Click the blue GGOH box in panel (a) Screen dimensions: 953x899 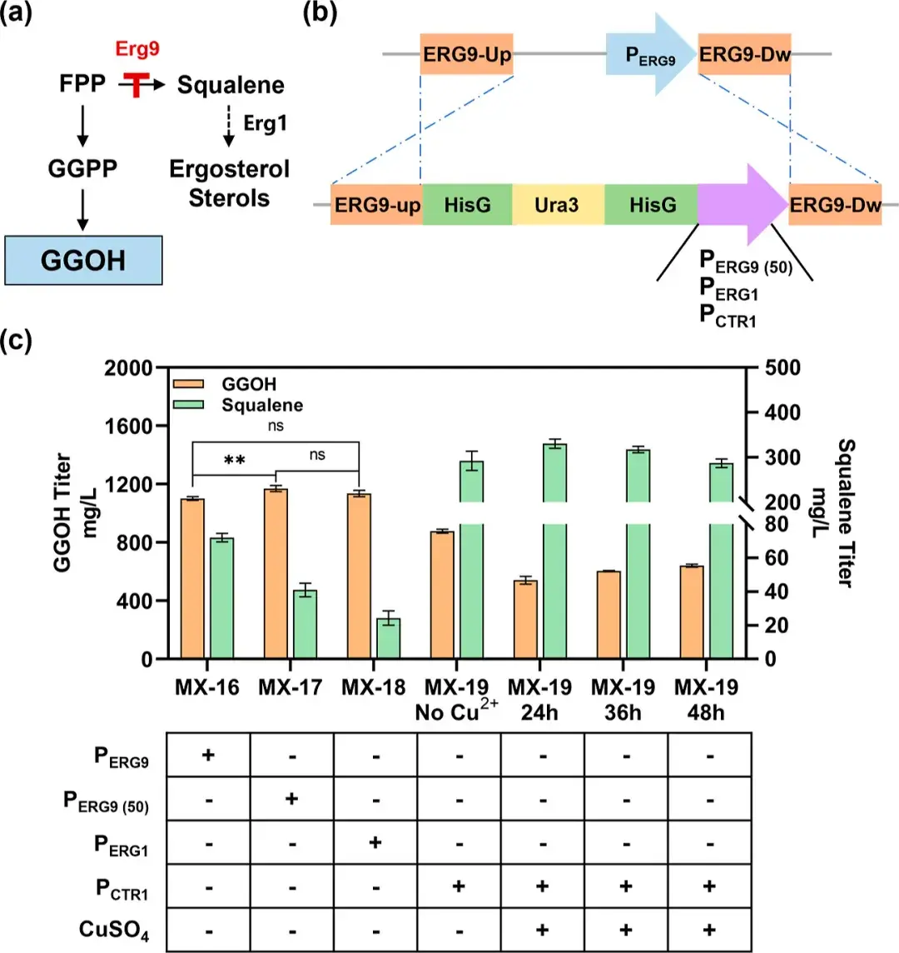coord(83,260)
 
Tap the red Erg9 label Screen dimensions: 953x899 coord(137,49)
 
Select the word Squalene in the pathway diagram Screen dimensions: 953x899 coord(231,85)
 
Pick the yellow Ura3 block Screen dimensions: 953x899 coord(557,205)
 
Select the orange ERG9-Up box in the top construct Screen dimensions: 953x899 coord(466,55)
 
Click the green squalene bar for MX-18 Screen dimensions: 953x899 coord(389,638)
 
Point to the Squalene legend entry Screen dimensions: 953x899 coord(261,406)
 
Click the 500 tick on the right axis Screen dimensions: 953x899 coord(782,367)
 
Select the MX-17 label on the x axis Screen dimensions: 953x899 coord(290,688)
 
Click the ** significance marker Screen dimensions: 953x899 coord(234,460)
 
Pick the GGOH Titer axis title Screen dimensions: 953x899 coord(75,512)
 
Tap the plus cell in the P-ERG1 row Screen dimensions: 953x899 coord(375,842)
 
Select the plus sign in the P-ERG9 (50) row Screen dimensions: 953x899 coord(292,799)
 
